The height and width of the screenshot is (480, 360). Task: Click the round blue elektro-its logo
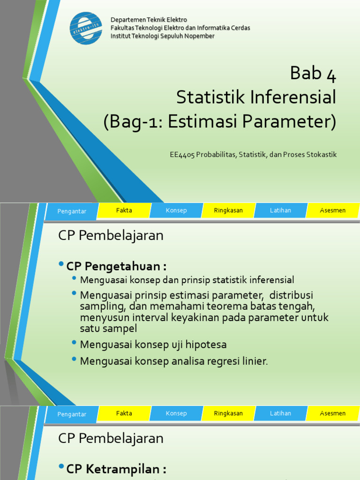[x=86, y=28]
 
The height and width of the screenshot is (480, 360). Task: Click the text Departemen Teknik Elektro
[x=149, y=20]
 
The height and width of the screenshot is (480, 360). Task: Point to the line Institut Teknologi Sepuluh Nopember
[x=162, y=36]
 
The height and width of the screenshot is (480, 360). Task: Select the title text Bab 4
[x=313, y=73]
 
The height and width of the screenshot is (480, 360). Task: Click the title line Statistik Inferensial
[x=256, y=97]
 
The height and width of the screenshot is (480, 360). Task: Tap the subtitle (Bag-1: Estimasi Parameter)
[x=220, y=122]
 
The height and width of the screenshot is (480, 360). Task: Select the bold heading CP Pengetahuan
[x=116, y=266]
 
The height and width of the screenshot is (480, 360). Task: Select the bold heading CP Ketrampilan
[x=116, y=469]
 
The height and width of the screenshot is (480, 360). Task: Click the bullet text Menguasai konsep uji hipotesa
[x=153, y=345]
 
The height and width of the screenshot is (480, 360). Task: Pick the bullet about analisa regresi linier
[x=174, y=361]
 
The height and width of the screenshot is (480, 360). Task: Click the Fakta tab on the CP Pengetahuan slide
[x=124, y=210]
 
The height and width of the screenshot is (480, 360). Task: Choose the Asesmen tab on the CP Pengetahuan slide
[x=332, y=210]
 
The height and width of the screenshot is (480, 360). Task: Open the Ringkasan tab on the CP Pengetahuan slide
[x=228, y=210]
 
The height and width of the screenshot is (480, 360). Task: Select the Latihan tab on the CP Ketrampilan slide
[x=280, y=413]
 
